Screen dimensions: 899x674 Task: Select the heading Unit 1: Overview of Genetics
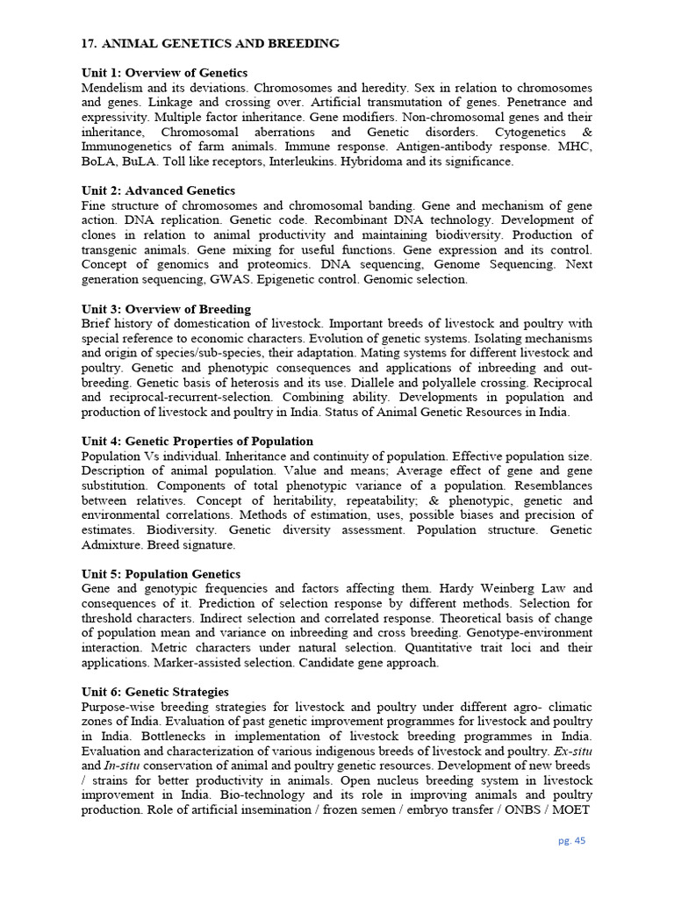[164, 73]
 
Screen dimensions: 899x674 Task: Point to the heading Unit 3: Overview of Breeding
[166, 309]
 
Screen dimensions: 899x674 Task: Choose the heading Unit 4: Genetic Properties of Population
[197, 441]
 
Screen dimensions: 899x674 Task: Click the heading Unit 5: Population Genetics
[161, 574]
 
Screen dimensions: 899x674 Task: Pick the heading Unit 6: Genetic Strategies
[154, 692]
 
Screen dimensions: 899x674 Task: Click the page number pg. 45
[571, 840]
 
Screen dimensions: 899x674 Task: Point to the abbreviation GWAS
[230, 279]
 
